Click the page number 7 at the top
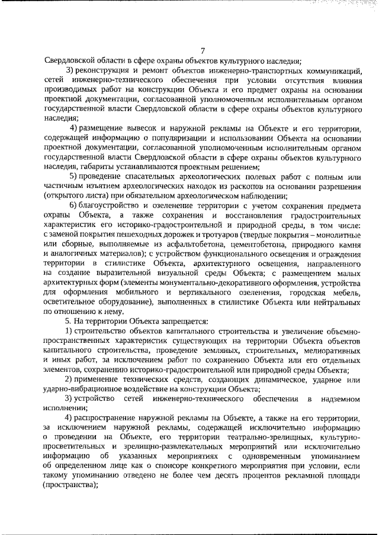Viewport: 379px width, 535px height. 203,50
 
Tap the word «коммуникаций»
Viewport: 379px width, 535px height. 332,70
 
